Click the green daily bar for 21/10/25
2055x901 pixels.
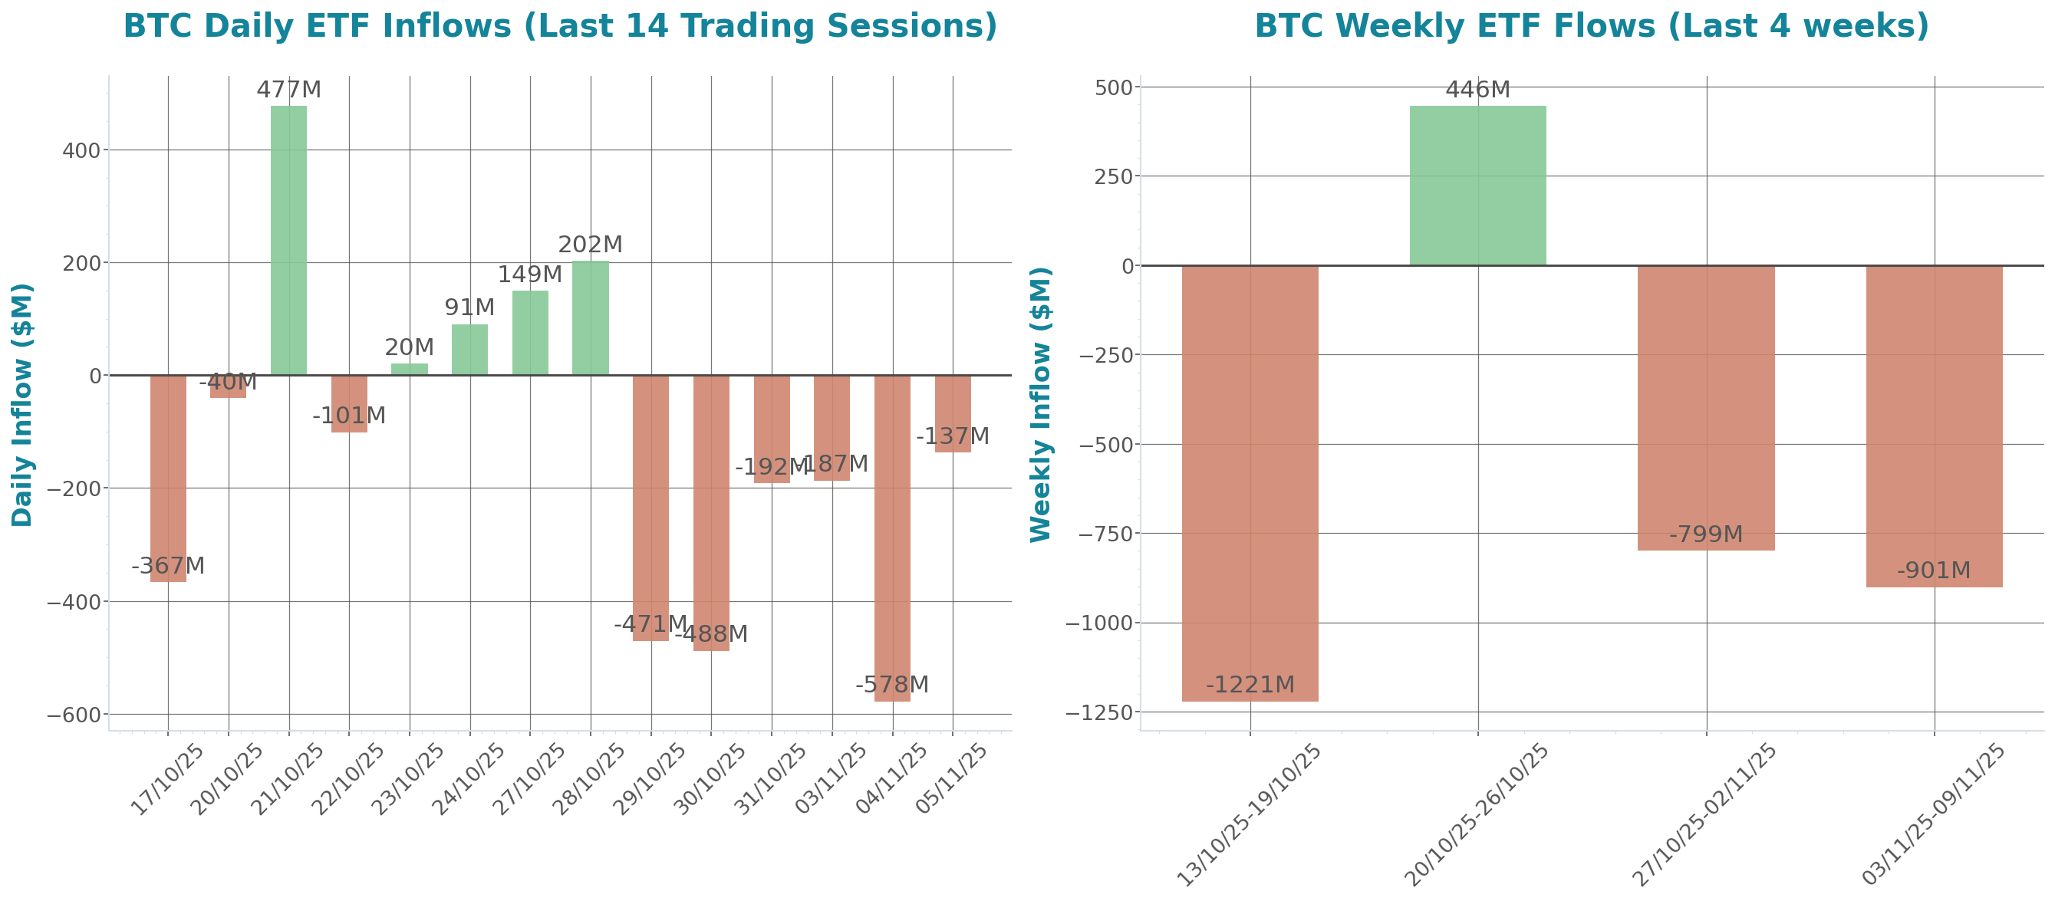pyautogui.click(x=288, y=239)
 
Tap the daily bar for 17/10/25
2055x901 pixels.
pyautogui.click(x=168, y=478)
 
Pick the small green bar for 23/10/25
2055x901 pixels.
pyautogui.click(x=410, y=369)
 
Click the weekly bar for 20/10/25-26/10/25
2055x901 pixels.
pyautogui.click(x=1477, y=185)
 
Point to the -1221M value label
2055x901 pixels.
pyautogui.click(x=1250, y=685)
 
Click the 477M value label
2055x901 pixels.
pyautogui.click(x=288, y=90)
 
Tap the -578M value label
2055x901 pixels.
pyautogui.click(x=892, y=685)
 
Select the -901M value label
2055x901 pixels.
pyautogui.click(x=1934, y=571)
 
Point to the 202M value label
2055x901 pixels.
pyautogui.click(x=591, y=245)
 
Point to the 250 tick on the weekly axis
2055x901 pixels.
pyautogui.click(x=1115, y=177)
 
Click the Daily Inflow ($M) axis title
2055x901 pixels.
pyautogui.click(x=22, y=405)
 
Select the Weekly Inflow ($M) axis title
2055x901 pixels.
pyautogui.click(x=1041, y=405)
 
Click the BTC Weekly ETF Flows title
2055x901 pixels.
pyautogui.click(x=1591, y=26)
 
